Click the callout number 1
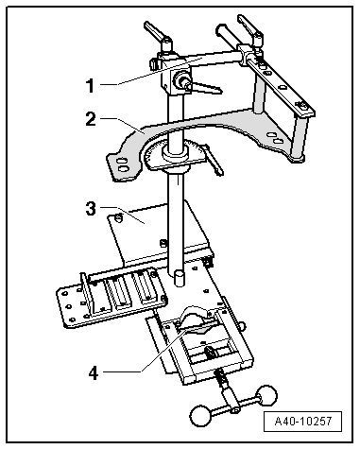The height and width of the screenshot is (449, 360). coord(91,85)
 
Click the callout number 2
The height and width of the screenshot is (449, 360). coord(91,119)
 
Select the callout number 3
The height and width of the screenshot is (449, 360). coord(91,208)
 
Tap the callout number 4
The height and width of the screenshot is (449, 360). coord(94,373)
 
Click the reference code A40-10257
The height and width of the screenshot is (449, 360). coord(303,421)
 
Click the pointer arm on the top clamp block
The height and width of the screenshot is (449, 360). coord(207,87)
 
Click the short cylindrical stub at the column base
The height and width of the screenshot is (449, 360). coord(179,278)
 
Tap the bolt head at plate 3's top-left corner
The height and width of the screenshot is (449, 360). coord(118,217)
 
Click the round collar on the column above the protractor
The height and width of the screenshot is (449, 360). coord(175,153)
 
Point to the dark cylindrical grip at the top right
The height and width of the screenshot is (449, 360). coord(227,34)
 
